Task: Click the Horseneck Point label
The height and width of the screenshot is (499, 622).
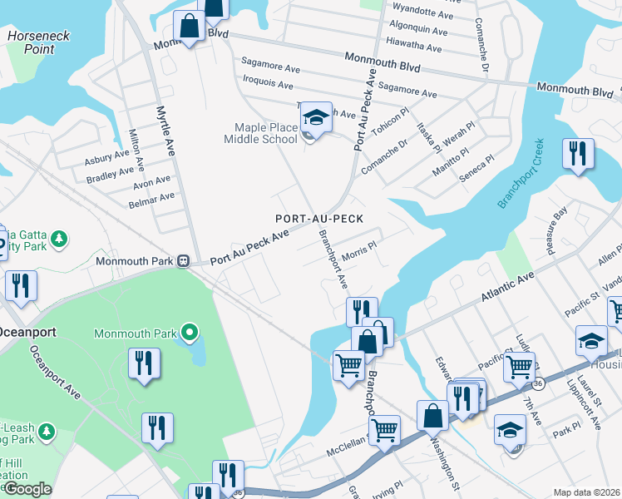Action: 38,42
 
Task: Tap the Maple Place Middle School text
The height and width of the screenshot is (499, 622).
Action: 259,133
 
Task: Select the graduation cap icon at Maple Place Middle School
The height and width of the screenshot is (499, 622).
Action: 315,117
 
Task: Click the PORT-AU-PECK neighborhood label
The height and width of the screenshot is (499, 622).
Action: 320,218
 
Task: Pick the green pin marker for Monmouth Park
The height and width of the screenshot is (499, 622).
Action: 190,333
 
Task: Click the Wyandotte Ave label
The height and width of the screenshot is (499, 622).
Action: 422,16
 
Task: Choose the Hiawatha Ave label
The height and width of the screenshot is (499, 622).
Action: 416,48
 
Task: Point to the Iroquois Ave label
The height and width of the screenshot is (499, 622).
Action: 267,84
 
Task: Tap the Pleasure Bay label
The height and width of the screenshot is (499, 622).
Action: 552,226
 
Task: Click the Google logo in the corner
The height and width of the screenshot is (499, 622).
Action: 27,489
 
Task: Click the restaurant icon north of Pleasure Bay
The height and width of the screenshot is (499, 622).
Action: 577,153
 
